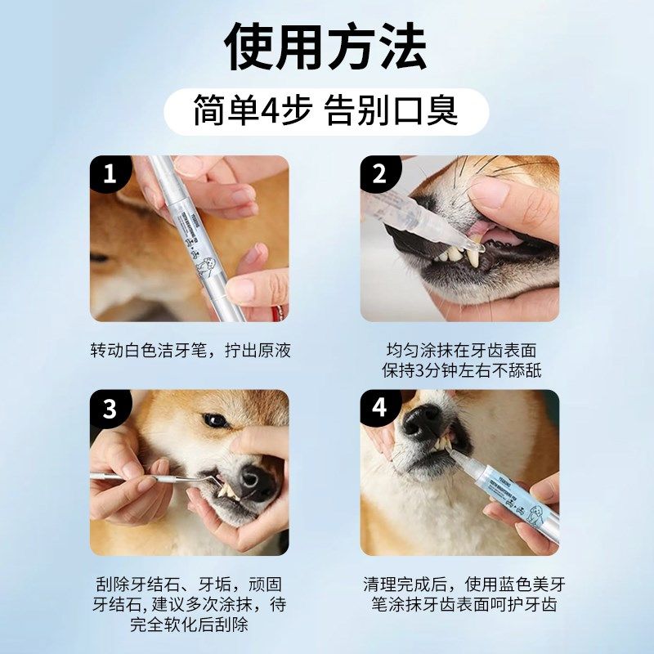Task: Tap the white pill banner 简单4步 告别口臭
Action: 326,111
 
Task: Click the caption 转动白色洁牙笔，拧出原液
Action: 190,351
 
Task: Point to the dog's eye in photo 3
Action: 216,420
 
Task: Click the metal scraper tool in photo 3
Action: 139,476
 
